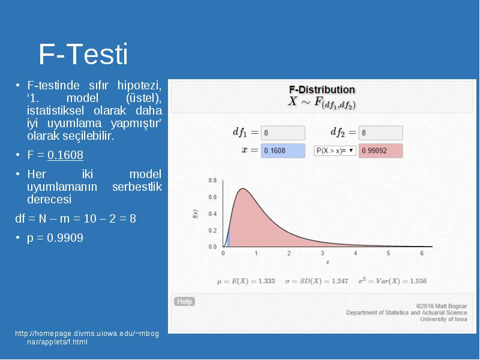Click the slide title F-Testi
pyautogui.click(x=83, y=54)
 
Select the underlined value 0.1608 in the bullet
pyautogui.click(x=65, y=155)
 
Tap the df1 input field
pyautogui.click(x=283, y=133)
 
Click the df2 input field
pyautogui.click(x=380, y=133)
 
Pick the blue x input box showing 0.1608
pyautogui.click(x=283, y=151)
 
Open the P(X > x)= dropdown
pyautogui.click(x=335, y=151)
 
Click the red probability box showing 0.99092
pyautogui.click(x=380, y=151)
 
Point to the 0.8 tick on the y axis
pyautogui.click(x=212, y=181)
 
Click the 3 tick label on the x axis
pyautogui.click(x=322, y=253)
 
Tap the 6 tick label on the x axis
pyautogui.click(x=422, y=253)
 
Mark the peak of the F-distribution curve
pyautogui.click(x=242, y=188)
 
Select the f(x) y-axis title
pyautogui.click(x=196, y=214)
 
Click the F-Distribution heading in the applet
pyautogui.click(x=322, y=89)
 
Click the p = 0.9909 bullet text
pyautogui.click(x=55, y=238)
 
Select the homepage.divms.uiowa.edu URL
pyautogui.click(x=87, y=337)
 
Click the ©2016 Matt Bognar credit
pyautogui.click(x=442, y=306)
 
